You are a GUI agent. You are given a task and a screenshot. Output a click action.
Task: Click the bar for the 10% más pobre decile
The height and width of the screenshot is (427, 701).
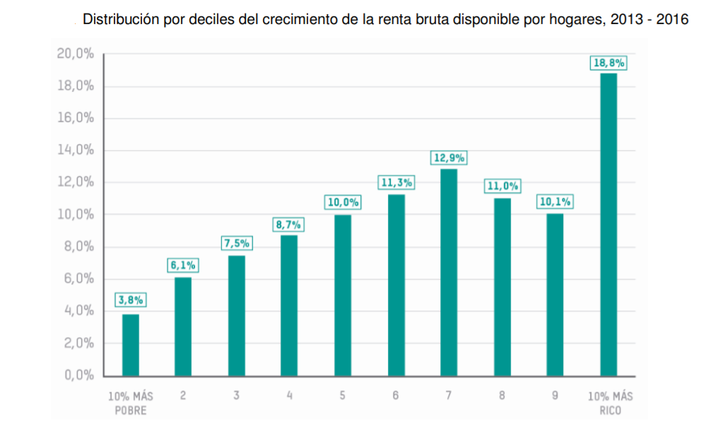(x=131, y=344)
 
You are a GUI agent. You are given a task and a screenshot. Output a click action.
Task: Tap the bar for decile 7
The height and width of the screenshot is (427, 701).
(x=449, y=272)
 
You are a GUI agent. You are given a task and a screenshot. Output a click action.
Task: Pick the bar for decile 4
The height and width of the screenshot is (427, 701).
(x=289, y=305)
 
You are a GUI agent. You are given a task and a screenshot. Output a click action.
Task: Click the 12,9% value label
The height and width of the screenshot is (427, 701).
(x=449, y=158)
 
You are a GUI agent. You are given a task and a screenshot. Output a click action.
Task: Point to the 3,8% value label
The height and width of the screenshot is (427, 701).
(x=131, y=300)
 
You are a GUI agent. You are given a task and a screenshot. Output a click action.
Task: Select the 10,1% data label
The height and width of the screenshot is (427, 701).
(x=555, y=203)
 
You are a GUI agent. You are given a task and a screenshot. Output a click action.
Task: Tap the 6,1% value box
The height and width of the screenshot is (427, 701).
(x=183, y=266)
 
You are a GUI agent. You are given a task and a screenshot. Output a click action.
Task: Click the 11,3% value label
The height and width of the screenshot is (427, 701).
(x=396, y=184)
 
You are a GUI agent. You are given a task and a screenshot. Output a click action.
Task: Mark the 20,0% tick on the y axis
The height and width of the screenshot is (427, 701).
(x=76, y=54)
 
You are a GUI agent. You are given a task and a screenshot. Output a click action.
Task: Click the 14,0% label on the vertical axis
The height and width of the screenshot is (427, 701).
(x=76, y=150)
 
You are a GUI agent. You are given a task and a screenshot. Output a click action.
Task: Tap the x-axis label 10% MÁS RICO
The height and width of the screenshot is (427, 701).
(x=609, y=402)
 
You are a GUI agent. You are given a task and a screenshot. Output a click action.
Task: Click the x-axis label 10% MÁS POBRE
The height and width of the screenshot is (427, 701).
(x=130, y=402)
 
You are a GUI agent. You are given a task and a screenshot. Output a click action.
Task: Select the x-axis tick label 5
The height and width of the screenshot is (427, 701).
(x=343, y=396)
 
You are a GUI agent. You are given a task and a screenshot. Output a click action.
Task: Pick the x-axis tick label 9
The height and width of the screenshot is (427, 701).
(x=555, y=396)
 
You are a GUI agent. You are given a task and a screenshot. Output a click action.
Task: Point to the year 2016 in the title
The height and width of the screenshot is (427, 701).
(x=673, y=20)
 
